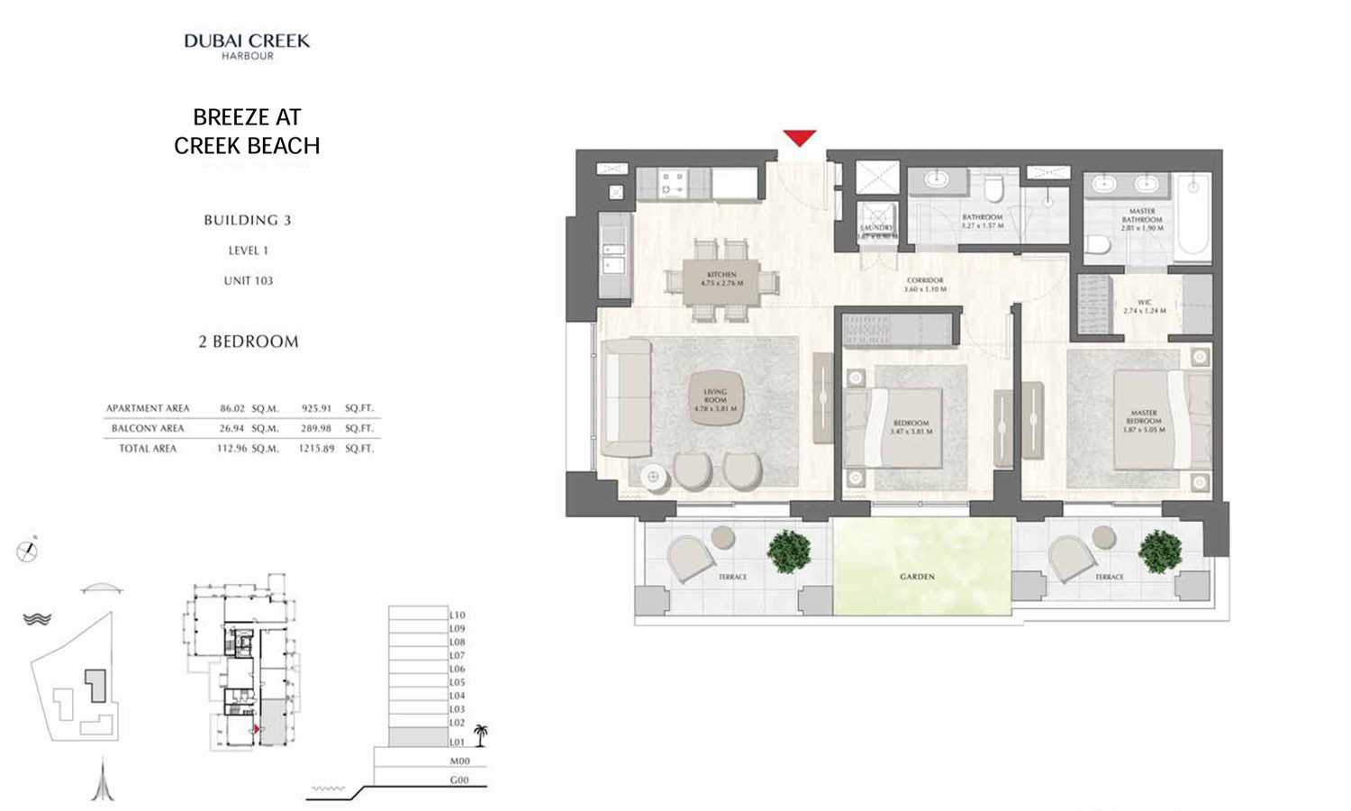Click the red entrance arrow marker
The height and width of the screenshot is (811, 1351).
[x=799, y=137]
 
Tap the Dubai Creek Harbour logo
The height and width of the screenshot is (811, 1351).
[x=247, y=46]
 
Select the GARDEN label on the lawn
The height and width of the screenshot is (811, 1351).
[x=917, y=577]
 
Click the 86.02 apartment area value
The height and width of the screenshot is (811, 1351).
[x=232, y=408]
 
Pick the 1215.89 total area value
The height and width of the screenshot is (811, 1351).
[x=316, y=449]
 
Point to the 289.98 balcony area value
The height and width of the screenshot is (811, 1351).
[x=316, y=429]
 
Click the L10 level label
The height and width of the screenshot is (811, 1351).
[x=458, y=615]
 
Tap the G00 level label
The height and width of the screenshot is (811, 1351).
[x=459, y=780]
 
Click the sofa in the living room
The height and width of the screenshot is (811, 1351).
[x=624, y=397]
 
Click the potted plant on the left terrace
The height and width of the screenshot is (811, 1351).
[x=789, y=551]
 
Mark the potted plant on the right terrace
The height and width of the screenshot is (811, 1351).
[x=1159, y=551]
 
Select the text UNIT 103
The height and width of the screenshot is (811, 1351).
[x=248, y=281]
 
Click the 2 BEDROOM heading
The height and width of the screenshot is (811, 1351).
[x=249, y=342]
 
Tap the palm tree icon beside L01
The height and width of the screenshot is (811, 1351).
[x=481, y=735]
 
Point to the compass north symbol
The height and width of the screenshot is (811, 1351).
[x=28, y=550]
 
